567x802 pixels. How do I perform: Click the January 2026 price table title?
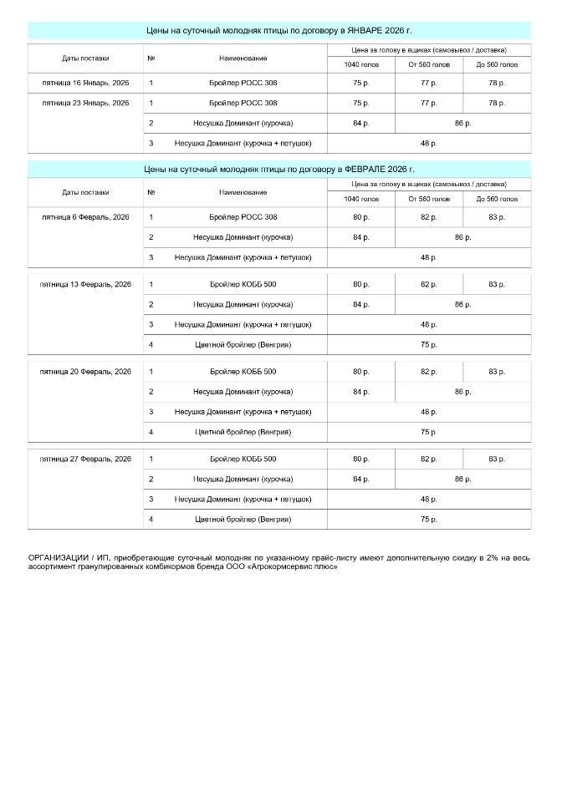[279, 30]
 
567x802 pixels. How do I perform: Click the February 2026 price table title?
[279, 169]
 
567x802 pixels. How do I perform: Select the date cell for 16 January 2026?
[85, 83]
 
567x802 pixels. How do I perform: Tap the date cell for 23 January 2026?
[85, 103]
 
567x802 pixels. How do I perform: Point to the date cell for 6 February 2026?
[85, 217]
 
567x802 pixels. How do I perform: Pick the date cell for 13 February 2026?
[85, 284]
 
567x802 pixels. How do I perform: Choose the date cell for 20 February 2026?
[85, 371]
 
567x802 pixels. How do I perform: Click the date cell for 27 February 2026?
[85, 459]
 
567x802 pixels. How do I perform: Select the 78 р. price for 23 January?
[496, 103]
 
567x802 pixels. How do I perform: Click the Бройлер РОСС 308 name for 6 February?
[243, 217]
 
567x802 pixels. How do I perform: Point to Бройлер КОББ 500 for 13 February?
[243, 284]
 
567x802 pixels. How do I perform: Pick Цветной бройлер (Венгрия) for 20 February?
[243, 432]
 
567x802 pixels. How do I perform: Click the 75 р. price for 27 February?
[428, 519]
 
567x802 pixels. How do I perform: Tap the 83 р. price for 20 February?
[496, 371]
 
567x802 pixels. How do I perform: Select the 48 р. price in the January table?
[428, 144]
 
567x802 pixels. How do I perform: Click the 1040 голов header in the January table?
[360, 64]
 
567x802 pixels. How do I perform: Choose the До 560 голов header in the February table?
[496, 200]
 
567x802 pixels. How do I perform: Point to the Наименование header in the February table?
[243, 192]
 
